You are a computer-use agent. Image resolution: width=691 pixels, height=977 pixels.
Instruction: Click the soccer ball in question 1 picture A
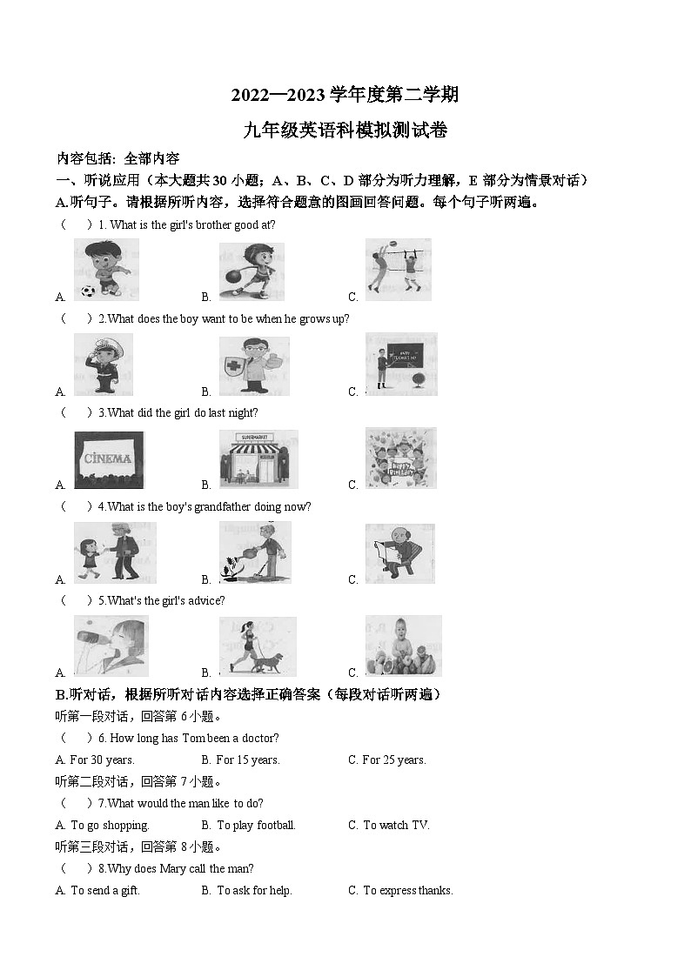[x=87, y=291]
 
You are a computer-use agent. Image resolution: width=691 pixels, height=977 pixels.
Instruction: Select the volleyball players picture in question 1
[x=398, y=269]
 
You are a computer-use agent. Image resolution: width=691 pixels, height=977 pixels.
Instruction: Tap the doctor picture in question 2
[x=253, y=365]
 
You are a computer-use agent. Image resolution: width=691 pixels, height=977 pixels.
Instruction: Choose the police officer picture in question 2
[x=104, y=365]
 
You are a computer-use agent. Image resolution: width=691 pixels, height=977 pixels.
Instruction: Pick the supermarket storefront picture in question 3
[x=258, y=458]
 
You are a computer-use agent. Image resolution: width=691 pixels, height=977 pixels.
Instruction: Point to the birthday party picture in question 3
[x=400, y=458]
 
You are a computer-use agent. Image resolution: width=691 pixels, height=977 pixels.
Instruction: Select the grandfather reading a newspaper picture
[x=399, y=553]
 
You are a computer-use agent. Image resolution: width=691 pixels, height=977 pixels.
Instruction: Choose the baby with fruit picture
[x=403, y=646]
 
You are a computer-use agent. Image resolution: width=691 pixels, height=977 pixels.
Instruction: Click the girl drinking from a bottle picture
[x=111, y=646]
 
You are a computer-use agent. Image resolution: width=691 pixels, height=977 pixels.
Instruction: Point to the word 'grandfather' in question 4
[x=224, y=506]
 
